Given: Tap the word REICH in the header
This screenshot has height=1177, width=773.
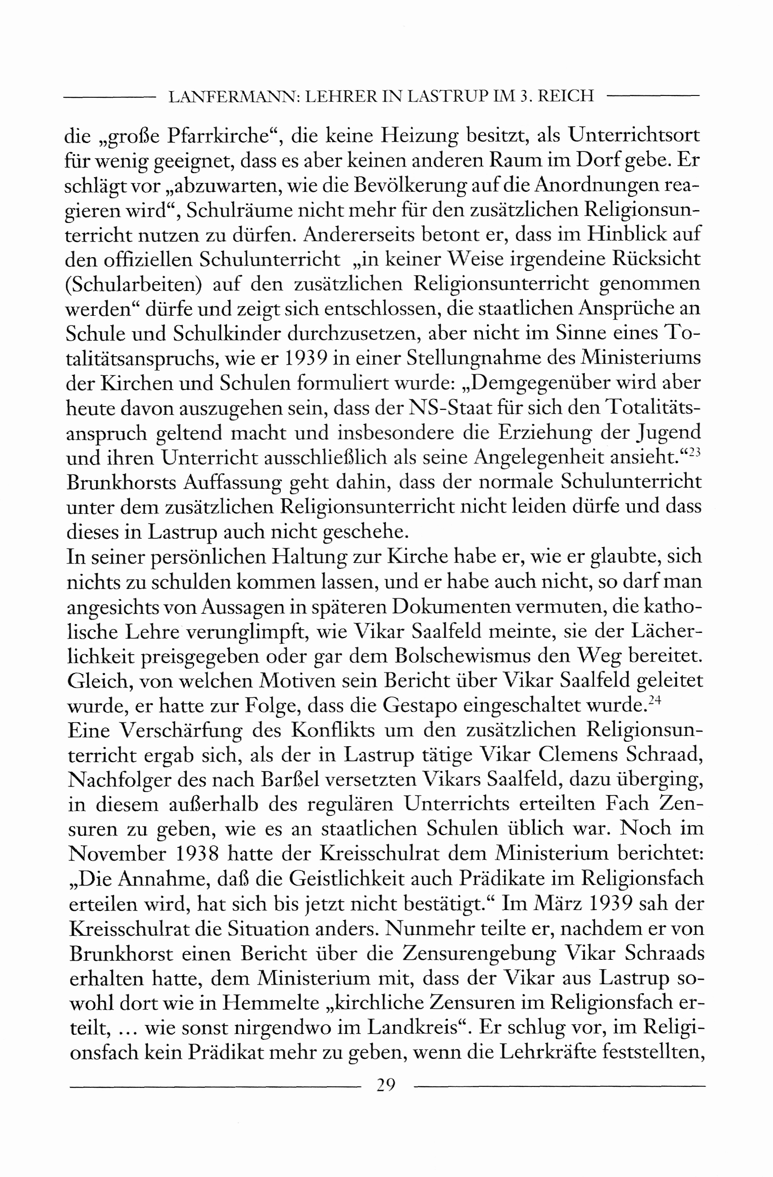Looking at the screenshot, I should (x=565, y=96).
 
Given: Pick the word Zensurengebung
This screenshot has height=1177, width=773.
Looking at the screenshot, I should (x=479, y=954).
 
